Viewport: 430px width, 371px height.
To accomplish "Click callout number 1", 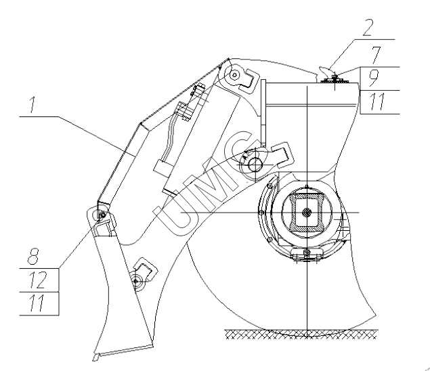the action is [x=33, y=104].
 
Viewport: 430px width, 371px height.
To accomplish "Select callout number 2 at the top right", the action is [x=368, y=28].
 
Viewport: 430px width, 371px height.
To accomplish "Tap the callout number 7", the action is [x=377, y=55].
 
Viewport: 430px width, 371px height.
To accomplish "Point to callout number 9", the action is [x=373, y=79].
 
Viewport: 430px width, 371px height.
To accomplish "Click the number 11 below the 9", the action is [x=378, y=102].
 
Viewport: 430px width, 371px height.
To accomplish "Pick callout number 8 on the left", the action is [x=33, y=257].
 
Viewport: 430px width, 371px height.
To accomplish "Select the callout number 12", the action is [x=37, y=280].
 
